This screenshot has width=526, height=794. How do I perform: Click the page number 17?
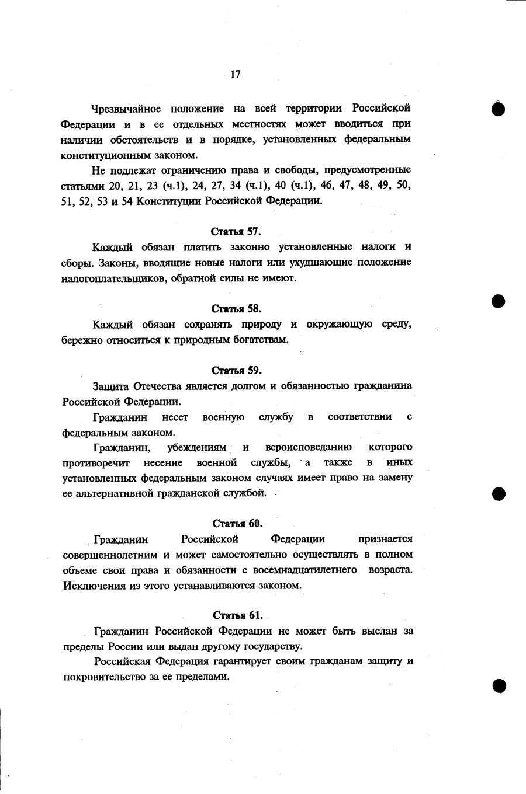pyautogui.click(x=236, y=75)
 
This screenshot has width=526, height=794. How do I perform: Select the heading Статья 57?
pyautogui.click(x=236, y=231)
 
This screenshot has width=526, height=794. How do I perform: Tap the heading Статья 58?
pyautogui.click(x=236, y=309)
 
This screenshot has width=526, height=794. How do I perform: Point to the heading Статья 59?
pyautogui.click(x=237, y=371)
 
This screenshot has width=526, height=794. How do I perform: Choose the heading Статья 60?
pyautogui.click(x=237, y=524)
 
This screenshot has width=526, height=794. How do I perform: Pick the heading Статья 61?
pyautogui.click(x=238, y=615)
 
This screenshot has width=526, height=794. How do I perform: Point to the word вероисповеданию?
pyautogui.click(x=308, y=448)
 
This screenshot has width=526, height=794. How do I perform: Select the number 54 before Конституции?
pyautogui.click(x=127, y=201)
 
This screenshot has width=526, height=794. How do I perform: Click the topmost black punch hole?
pyautogui.click(x=498, y=109)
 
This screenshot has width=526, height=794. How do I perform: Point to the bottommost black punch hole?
pyautogui.click(x=499, y=685)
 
